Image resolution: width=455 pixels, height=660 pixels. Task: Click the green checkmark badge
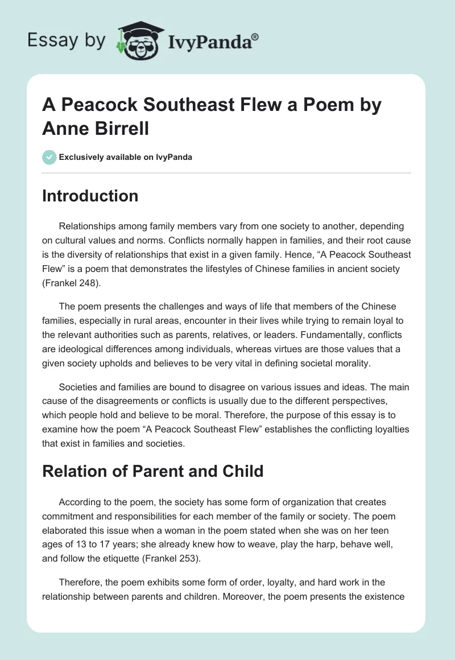49,157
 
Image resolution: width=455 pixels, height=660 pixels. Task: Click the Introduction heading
90,196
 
